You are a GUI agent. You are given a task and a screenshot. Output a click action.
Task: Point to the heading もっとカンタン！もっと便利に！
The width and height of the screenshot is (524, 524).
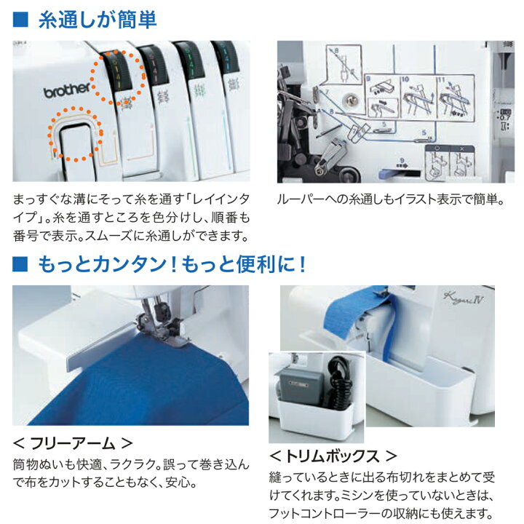[172, 263]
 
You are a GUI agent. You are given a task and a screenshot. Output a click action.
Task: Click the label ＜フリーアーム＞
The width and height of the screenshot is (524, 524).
[74, 442]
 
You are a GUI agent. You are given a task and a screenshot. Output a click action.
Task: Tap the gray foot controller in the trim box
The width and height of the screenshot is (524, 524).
[301, 385]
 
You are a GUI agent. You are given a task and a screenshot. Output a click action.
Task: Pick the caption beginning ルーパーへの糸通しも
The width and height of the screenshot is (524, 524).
[390, 199]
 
